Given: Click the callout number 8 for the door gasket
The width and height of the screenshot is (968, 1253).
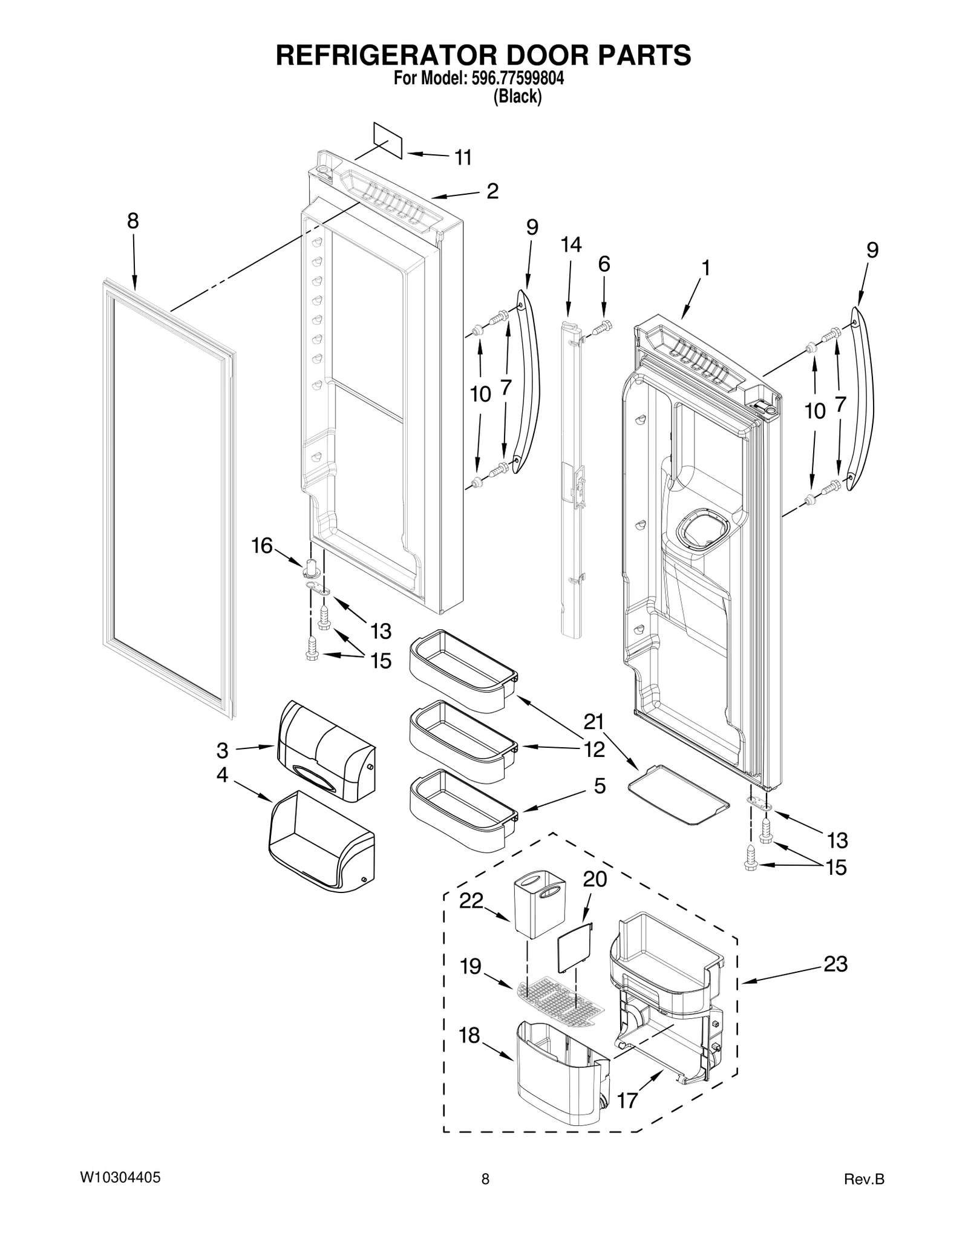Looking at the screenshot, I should click(x=132, y=221).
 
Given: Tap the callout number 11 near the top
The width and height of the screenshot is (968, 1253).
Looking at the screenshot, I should click(x=463, y=158).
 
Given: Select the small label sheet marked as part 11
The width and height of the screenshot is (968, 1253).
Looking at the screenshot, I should click(x=388, y=140).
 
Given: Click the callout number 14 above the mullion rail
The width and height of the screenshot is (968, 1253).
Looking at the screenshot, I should click(x=571, y=245).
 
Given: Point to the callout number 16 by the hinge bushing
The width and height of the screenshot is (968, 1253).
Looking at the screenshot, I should click(x=262, y=546).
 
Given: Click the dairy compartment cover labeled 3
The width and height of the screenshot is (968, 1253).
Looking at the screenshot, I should click(x=325, y=751).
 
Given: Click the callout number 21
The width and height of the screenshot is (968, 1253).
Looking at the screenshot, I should click(x=594, y=722).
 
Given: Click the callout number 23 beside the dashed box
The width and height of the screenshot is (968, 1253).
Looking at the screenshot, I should click(x=836, y=964).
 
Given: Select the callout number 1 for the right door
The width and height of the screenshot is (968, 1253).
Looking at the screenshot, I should click(x=705, y=268).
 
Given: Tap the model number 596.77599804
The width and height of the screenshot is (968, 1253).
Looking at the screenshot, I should click(x=517, y=78).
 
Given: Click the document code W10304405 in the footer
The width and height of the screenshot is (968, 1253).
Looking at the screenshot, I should click(x=120, y=1178).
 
